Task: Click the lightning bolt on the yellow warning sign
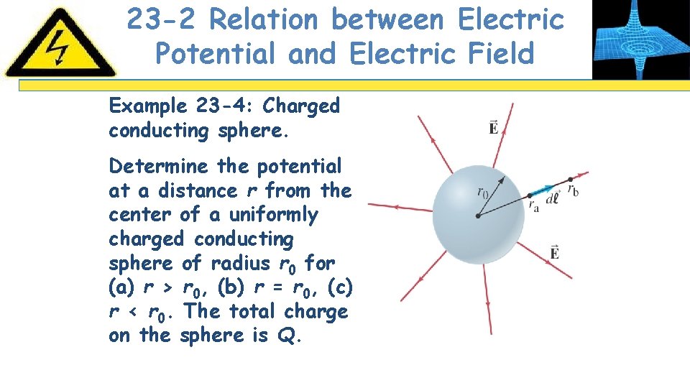coord(59,46)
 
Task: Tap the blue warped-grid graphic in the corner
coord(640,39)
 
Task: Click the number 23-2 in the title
coord(162,20)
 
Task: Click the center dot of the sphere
coord(477,216)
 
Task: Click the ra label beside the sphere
coord(533,205)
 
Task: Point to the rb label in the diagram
coord(573,190)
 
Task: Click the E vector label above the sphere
coord(494,128)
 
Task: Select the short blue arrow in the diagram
coord(540,190)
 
